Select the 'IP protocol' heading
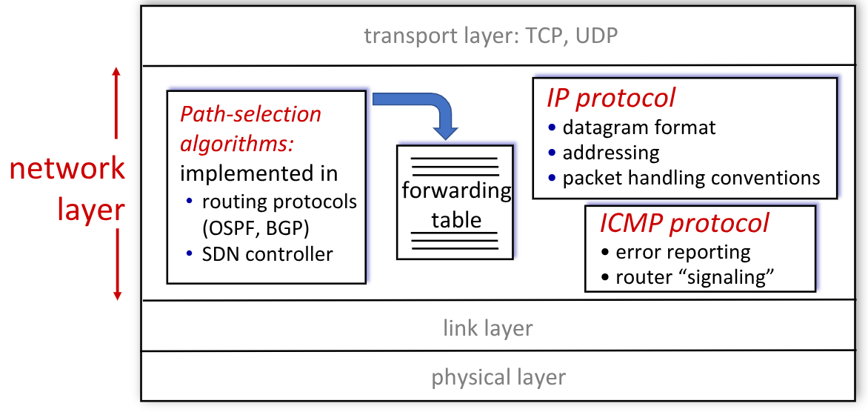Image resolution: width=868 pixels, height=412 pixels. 611,98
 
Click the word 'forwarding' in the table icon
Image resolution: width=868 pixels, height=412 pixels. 456,191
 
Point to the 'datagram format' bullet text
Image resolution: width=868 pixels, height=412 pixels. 638,127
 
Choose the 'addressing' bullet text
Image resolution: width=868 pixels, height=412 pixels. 610,153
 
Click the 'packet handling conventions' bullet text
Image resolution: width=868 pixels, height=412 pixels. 691,178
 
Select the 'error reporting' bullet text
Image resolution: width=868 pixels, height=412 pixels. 683,252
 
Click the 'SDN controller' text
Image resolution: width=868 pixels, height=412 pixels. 267,254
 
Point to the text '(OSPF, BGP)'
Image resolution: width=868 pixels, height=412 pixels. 255,227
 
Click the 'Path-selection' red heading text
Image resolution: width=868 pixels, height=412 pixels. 251,115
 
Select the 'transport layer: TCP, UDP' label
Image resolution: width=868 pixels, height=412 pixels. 490,36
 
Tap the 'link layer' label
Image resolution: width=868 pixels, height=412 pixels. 487,328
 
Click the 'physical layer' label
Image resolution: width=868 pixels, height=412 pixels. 498,377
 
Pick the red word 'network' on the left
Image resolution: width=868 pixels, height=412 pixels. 67,170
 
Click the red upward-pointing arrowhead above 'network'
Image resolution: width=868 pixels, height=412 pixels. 116,73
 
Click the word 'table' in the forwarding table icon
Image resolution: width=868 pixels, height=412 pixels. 455,219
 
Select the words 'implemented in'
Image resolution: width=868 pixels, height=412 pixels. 258,173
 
